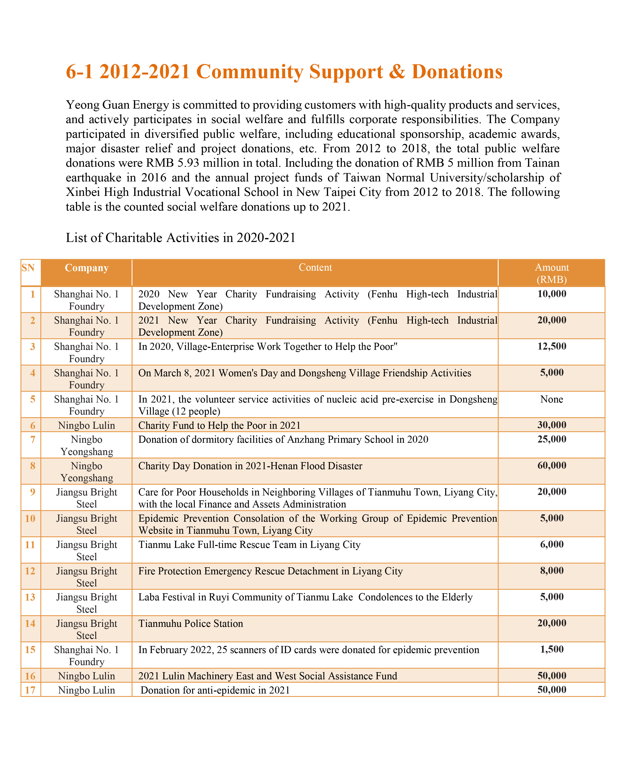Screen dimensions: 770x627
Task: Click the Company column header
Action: (86, 268)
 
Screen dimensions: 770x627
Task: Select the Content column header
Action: (315, 267)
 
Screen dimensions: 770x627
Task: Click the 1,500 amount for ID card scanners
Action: (551, 649)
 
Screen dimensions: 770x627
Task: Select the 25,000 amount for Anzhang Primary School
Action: (551, 439)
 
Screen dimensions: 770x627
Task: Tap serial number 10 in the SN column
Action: (30, 518)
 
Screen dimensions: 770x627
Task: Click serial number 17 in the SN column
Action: (30, 690)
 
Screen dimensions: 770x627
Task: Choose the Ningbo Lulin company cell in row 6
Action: (86, 425)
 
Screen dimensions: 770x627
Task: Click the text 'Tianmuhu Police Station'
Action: (191, 623)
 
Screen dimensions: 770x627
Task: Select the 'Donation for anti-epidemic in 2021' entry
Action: (215, 690)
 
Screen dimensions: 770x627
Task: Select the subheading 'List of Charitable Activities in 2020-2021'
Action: (181, 238)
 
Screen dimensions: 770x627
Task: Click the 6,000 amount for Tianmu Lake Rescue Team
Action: (551, 544)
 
